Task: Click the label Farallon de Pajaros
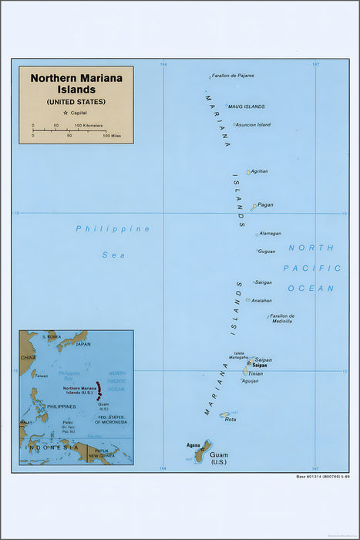tap(234, 76)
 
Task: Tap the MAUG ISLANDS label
tap(247, 106)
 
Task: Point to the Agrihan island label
tap(260, 170)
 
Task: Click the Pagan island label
tap(266, 205)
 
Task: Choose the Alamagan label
tap(271, 233)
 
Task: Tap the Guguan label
tap(267, 251)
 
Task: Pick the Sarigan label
tap(264, 282)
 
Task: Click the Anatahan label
tap(262, 300)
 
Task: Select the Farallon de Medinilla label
tap(282, 318)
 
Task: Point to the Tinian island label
tap(254, 373)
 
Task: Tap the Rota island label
tap(230, 419)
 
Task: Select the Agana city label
tap(193, 445)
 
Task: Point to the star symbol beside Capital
tap(56, 113)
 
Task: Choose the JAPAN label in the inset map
tap(83, 344)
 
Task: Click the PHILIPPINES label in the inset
tap(61, 406)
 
